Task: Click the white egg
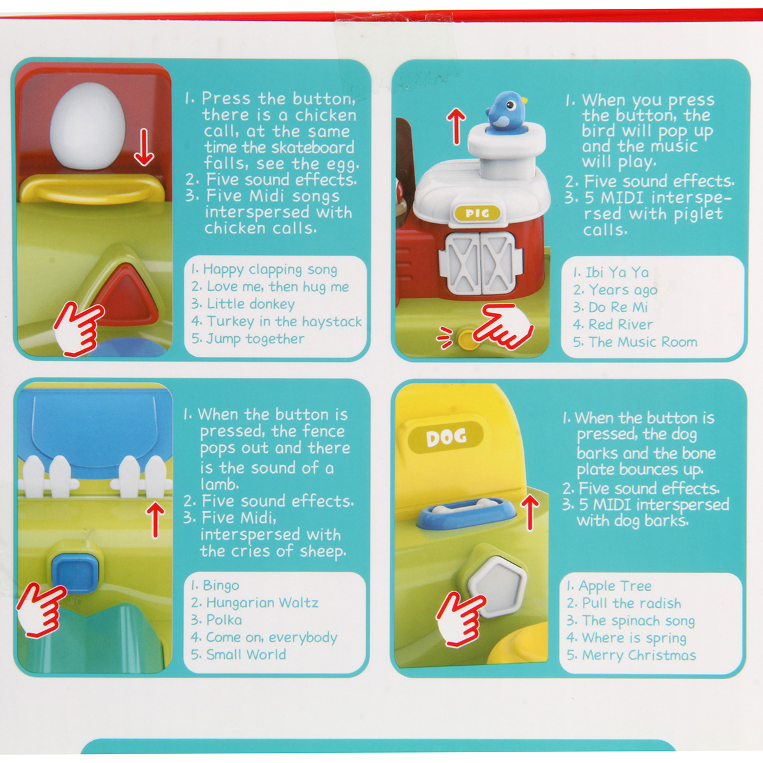pyautogui.click(x=88, y=125)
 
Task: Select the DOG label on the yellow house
pyautogui.click(x=446, y=437)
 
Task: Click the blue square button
pyautogui.click(x=75, y=574)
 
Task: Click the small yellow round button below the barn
pyautogui.click(x=467, y=340)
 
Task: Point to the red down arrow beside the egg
pyautogui.click(x=144, y=148)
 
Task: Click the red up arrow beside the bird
pyautogui.click(x=456, y=127)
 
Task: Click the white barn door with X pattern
pyautogui.click(x=481, y=264)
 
